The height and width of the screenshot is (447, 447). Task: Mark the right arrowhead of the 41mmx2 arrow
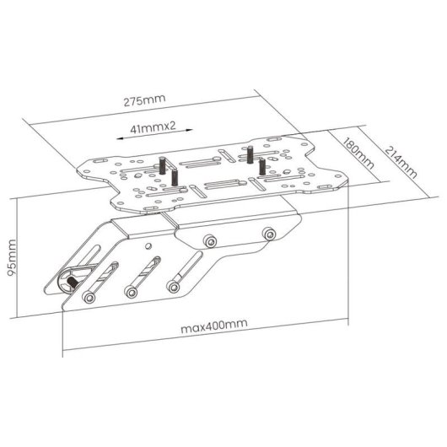point(192,130)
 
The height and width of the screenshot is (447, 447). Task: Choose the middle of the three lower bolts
point(131,292)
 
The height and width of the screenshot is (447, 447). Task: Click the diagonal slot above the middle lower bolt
point(145,270)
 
